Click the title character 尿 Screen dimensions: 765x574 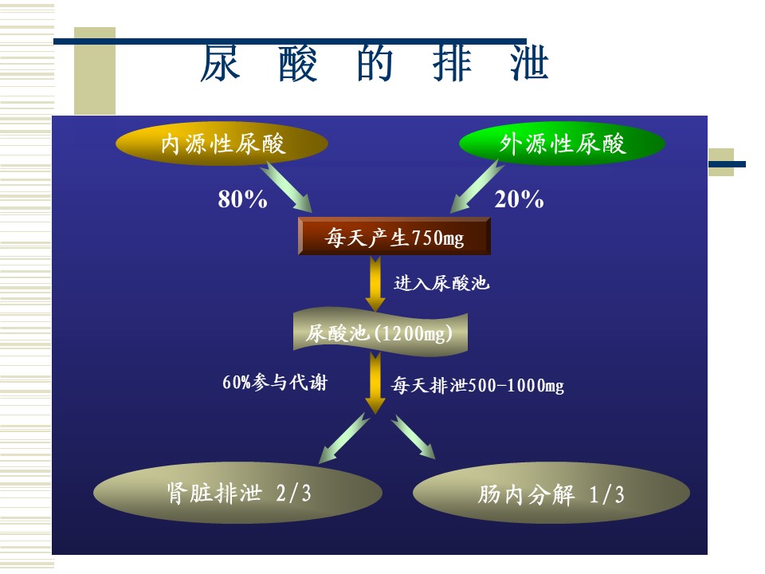tap(220, 63)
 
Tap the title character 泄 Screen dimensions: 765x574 tap(529, 63)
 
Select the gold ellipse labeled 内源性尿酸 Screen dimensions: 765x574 tap(222, 143)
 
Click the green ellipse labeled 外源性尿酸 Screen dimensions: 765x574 tap(562, 143)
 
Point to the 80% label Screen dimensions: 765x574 tap(242, 199)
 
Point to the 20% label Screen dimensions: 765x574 tap(519, 199)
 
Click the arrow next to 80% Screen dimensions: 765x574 tap(286, 187)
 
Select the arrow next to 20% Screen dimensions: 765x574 tap(477, 187)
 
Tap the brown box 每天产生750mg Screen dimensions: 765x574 tap(394, 236)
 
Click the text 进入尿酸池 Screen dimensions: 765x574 tap(441, 283)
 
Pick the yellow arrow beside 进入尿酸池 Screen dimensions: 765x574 tap(375, 284)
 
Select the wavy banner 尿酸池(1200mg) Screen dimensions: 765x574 tap(380, 331)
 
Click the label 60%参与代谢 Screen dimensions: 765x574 tap(275, 382)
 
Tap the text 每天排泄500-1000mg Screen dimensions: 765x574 tap(477, 386)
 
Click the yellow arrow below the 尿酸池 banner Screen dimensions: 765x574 tap(375, 383)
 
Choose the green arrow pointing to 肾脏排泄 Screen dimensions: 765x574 tap(344, 438)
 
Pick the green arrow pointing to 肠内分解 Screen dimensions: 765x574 tap(413, 437)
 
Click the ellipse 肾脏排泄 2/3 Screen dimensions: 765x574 tap(237, 493)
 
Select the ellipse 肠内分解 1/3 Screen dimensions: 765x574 tap(551, 493)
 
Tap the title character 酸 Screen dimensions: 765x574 tap(297, 63)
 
